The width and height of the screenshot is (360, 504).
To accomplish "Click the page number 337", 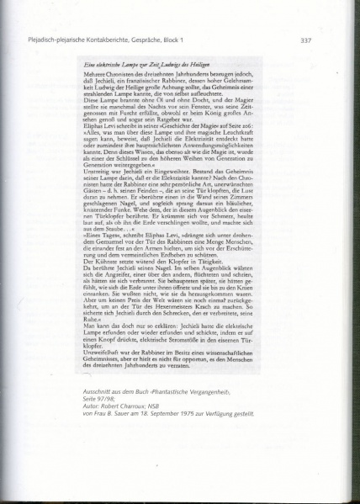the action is coord(306,40).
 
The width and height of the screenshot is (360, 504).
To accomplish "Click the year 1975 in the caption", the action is coord(186,415).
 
